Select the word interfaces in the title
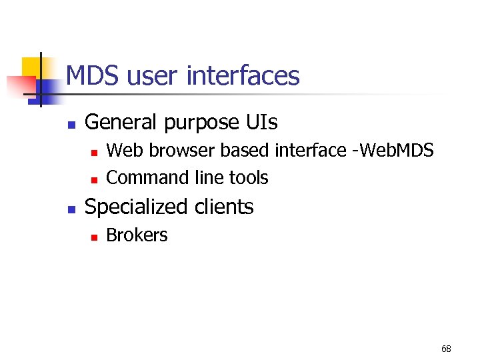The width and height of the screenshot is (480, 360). point(243,76)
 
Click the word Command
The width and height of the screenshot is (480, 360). point(147,178)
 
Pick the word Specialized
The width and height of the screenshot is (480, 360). point(137,207)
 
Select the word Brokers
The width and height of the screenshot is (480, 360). point(137,235)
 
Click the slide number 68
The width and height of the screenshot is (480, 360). point(446,349)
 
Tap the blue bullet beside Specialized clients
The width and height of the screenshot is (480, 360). point(72,209)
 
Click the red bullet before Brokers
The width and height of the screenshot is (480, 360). point(94,237)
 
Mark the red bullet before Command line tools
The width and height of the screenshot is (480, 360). point(94,179)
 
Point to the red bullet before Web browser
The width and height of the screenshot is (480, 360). point(94,152)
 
